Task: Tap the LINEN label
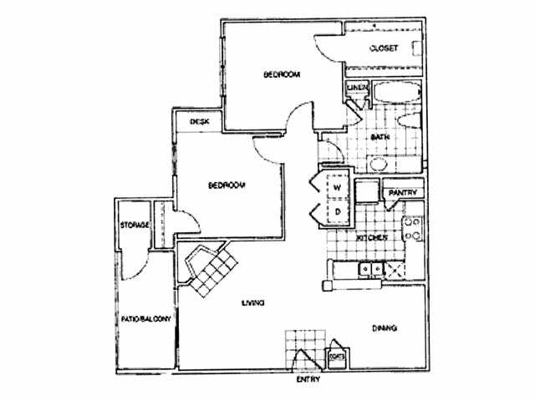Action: [355, 86]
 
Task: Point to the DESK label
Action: [199, 122]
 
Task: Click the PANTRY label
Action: [402, 194]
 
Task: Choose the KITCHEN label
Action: [372, 238]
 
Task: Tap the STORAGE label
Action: [134, 226]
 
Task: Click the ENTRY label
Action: [308, 382]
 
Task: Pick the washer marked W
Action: [337, 188]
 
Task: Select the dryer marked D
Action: [337, 212]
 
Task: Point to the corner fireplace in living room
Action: [209, 269]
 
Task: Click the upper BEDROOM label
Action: [281, 75]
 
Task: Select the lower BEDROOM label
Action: [226, 185]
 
